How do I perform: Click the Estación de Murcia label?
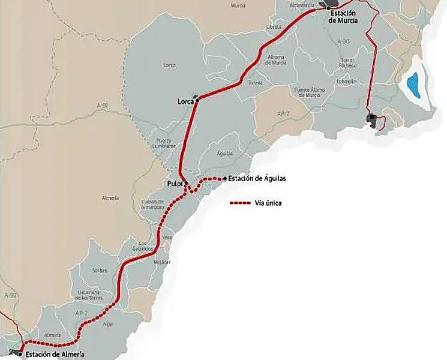tap(344, 16)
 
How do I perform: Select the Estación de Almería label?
tap(55, 354)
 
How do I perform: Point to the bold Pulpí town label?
tap(175, 183)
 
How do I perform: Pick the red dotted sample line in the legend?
tap(240, 203)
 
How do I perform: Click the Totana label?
tap(256, 82)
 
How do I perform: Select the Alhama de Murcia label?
tap(275, 59)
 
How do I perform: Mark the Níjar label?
tap(108, 324)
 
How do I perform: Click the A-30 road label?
tap(343, 41)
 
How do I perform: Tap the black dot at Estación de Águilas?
tap(224, 178)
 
